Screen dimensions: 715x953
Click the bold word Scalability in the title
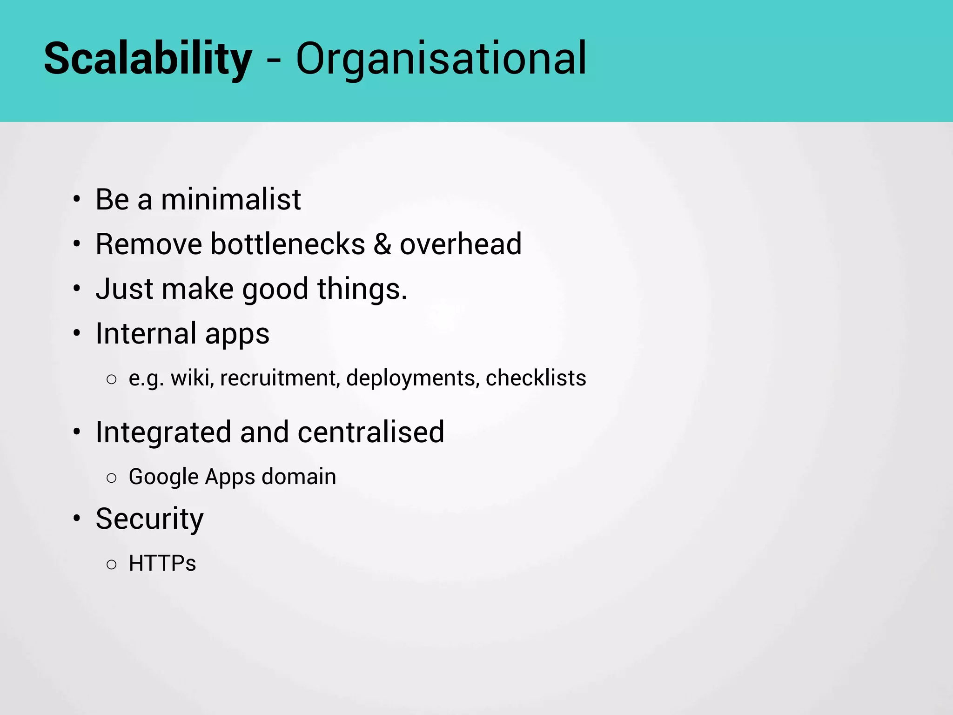pyautogui.click(x=148, y=59)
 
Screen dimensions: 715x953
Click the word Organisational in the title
pyautogui.click(x=441, y=59)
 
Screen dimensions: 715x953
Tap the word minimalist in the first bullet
pyautogui.click(x=231, y=199)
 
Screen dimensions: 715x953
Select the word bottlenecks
pyautogui.click(x=288, y=244)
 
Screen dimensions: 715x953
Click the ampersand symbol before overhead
pyautogui.click(x=382, y=244)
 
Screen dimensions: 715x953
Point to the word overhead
pyautogui.click(x=461, y=244)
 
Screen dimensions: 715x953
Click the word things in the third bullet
pyautogui.click(x=361, y=289)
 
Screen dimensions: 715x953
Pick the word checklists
pyautogui.click(x=536, y=378)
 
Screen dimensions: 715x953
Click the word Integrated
pyautogui.click(x=163, y=432)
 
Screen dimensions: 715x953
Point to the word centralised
pyautogui.click(x=371, y=432)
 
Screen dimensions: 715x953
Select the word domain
pyautogui.click(x=299, y=477)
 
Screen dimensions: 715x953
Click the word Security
pyautogui.click(x=149, y=519)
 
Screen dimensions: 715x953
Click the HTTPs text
pyautogui.click(x=162, y=563)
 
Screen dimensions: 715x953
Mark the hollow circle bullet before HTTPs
pyautogui.click(x=111, y=565)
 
